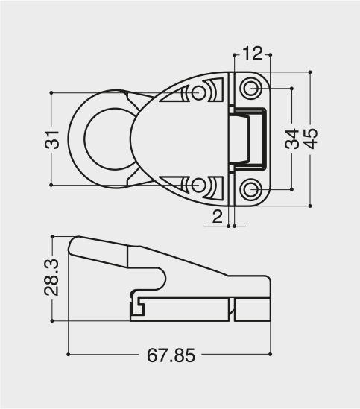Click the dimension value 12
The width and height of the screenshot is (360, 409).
tap(253, 54)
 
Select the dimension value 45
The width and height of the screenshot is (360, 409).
tap(312, 139)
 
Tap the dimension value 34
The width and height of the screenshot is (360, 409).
tap(292, 139)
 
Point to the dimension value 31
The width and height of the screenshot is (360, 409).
tap(52, 139)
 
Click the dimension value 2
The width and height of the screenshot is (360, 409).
tap(217, 217)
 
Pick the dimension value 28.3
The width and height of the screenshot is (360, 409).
tap(51, 277)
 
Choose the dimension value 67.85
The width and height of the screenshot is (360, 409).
tap(171, 355)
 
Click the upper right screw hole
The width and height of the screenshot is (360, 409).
tap(251, 88)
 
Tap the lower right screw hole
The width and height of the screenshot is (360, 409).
tap(251, 188)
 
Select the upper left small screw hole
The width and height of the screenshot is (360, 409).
tap(199, 92)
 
